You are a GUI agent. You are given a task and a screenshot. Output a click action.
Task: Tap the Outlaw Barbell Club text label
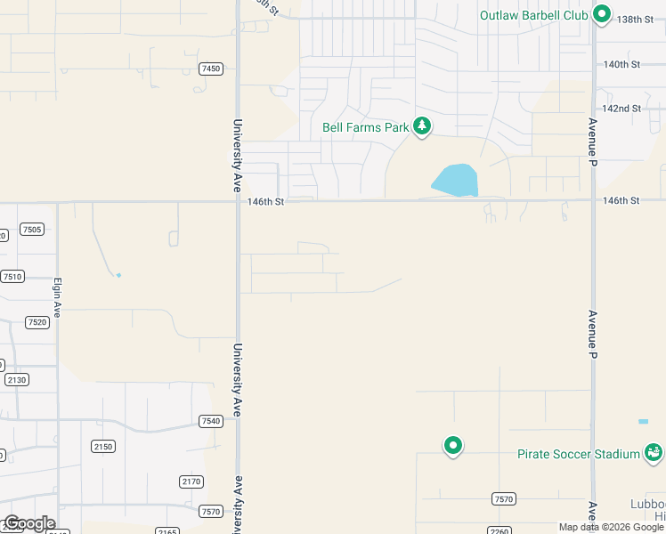coord(534,15)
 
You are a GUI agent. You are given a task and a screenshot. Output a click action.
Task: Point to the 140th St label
coord(621,65)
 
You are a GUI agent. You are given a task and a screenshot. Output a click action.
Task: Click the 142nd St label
coord(621,109)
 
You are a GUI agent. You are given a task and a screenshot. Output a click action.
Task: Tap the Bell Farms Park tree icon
coord(422,126)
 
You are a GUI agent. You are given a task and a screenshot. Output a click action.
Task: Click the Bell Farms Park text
coord(365,127)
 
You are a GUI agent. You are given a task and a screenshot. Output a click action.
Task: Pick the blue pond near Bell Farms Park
coord(456,180)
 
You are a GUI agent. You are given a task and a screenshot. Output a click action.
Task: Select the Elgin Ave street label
coord(56,296)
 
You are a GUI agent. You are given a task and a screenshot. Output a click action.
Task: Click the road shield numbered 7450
coord(211,69)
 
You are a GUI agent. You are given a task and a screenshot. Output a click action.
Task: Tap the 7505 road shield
coord(32,230)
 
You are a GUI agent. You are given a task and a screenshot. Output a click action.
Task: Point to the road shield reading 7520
coord(37,322)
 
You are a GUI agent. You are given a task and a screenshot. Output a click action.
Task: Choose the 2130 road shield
coord(16,379)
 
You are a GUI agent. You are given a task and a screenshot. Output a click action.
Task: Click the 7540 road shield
coord(211,421)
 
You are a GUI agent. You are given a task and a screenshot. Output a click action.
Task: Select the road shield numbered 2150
coord(103,446)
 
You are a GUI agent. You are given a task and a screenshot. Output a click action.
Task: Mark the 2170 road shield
coord(191,481)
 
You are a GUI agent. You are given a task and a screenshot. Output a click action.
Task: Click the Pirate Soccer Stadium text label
coord(579,454)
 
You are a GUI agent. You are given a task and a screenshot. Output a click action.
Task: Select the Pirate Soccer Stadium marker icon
coord(654,453)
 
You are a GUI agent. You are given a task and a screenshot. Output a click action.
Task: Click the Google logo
coord(28,523)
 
